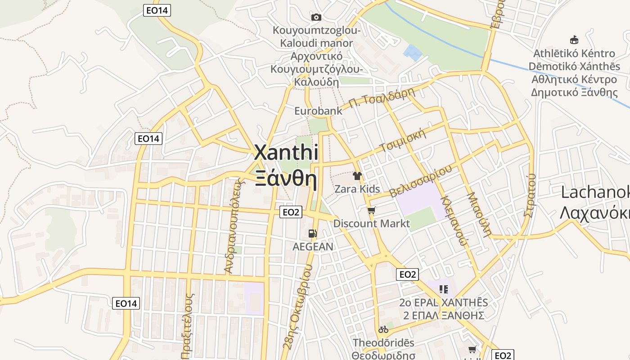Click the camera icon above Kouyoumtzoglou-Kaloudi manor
(316, 17)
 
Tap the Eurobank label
(318, 111)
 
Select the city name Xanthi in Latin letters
(286, 153)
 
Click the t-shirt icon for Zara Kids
(357, 176)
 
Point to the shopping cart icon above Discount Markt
(371, 210)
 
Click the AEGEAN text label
(313, 247)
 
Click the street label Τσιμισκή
(403, 140)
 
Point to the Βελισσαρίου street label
(420, 181)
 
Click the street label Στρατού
(530, 195)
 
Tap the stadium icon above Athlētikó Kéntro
(574, 40)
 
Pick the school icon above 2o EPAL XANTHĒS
(444, 289)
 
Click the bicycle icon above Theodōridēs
(383, 329)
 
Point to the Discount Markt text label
(371, 223)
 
